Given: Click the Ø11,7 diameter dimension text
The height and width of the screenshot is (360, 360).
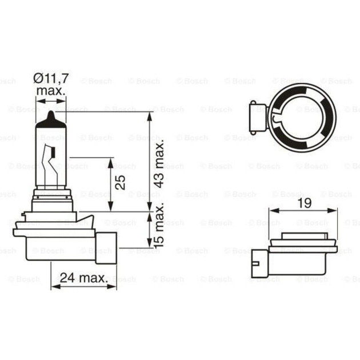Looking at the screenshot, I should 51,78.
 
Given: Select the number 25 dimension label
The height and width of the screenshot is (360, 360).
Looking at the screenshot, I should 121,182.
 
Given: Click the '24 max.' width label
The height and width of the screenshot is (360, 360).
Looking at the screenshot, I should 84,278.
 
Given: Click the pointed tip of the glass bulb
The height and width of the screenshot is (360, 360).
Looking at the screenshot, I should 51,114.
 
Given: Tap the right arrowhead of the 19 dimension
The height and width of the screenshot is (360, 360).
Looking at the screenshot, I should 333,211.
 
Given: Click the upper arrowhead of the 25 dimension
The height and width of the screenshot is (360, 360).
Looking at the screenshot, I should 109,162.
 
